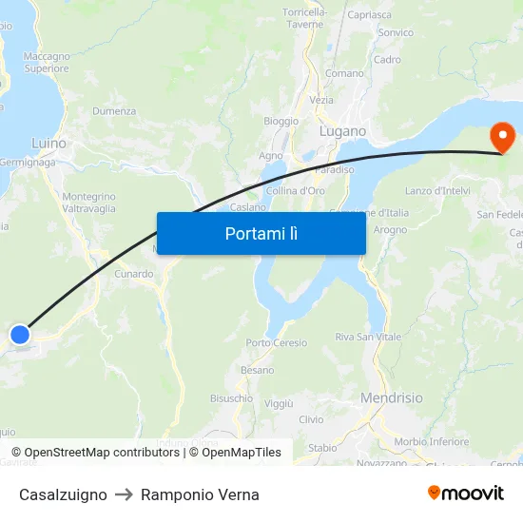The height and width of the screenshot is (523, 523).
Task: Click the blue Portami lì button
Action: pos(261,233)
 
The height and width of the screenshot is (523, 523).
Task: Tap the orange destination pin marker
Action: pos(501,138)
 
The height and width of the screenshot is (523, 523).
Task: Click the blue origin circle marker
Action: pos(20,334)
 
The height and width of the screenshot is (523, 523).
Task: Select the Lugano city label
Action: pos(342,131)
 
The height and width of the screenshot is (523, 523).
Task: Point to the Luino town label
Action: pos(48,144)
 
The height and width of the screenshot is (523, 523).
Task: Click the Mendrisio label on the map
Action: pos(392,398)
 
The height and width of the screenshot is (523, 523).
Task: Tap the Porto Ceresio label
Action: pos(277,343)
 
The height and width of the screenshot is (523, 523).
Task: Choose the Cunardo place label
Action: pos(134,274)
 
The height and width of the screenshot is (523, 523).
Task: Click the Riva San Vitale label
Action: pos(368,337)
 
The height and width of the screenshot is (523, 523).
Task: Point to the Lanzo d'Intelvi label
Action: pos(437,190)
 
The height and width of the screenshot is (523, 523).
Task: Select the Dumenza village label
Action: pos(114,111)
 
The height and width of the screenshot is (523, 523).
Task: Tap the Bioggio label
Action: pos(281,121)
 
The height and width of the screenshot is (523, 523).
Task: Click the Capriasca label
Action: pos(370,15)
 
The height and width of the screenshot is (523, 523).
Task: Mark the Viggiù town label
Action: pos(279,403)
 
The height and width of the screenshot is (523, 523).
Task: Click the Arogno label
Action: pos(390,229)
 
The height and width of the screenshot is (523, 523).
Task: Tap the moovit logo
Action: pos(466,493)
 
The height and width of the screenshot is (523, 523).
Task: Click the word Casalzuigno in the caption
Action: pos(63,494)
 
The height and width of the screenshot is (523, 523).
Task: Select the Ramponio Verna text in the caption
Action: pos(200,494)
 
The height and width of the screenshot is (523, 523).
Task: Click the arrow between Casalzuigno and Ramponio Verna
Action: pos(124,494)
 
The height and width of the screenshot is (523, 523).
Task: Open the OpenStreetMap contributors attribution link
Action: pos(102,453)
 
